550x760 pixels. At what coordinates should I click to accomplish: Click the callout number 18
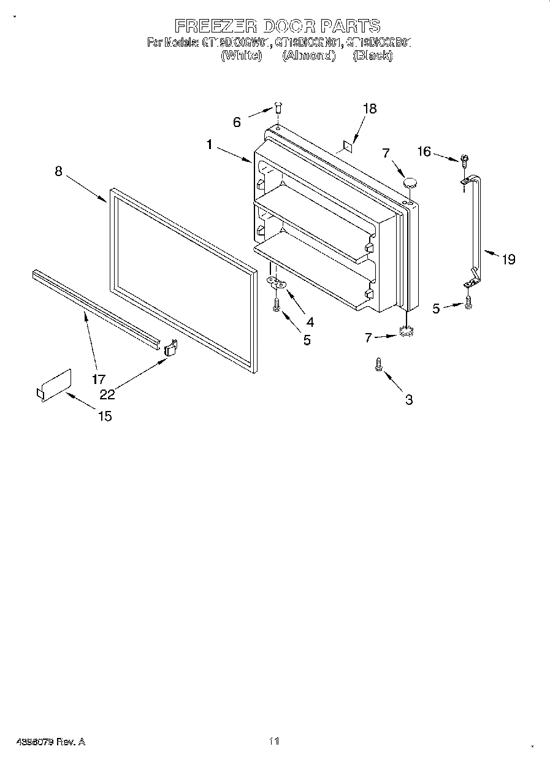pos(369,109)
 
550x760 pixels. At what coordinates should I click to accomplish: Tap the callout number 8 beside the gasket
pos(58,171)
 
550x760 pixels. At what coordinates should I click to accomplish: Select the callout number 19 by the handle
pos(508,259)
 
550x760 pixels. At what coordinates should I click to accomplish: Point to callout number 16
pos(424,152)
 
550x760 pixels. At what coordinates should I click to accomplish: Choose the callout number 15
pos(105,416)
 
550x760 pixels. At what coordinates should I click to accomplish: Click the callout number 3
pos(408,400)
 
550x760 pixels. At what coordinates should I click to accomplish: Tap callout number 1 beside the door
pos(210,145)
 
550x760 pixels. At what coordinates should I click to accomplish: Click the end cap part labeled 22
pos(170,348)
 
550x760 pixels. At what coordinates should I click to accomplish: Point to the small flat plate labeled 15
pos(54,386)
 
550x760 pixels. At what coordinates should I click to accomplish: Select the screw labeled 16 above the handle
pos(465,160)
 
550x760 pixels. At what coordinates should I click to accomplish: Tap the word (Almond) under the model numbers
pos(309,56)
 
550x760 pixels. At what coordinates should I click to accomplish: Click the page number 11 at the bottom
pos(274,741)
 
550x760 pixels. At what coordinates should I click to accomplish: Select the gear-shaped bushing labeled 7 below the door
pos(404,332)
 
